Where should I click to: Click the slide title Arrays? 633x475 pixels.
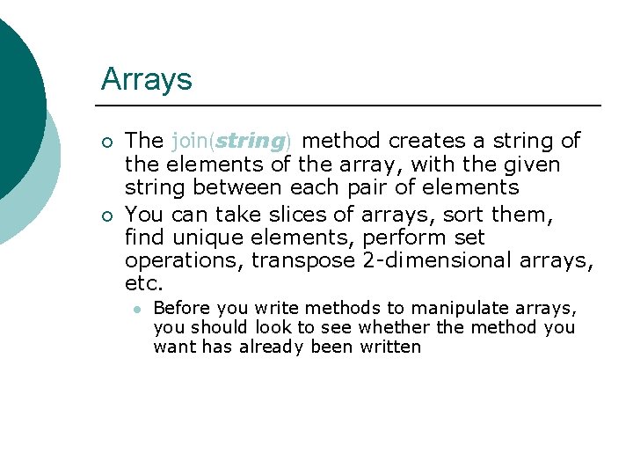[x=146, y=80]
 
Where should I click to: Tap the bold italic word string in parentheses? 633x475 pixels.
[x=251, y=141]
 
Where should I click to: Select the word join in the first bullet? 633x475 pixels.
[x=192, y=141]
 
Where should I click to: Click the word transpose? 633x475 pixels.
[x=303, y=261]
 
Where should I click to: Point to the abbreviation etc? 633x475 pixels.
[x=144, y=284]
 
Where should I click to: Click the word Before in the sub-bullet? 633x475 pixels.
[x=181, y=309]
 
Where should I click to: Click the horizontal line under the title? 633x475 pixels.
[x=352, y=106]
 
